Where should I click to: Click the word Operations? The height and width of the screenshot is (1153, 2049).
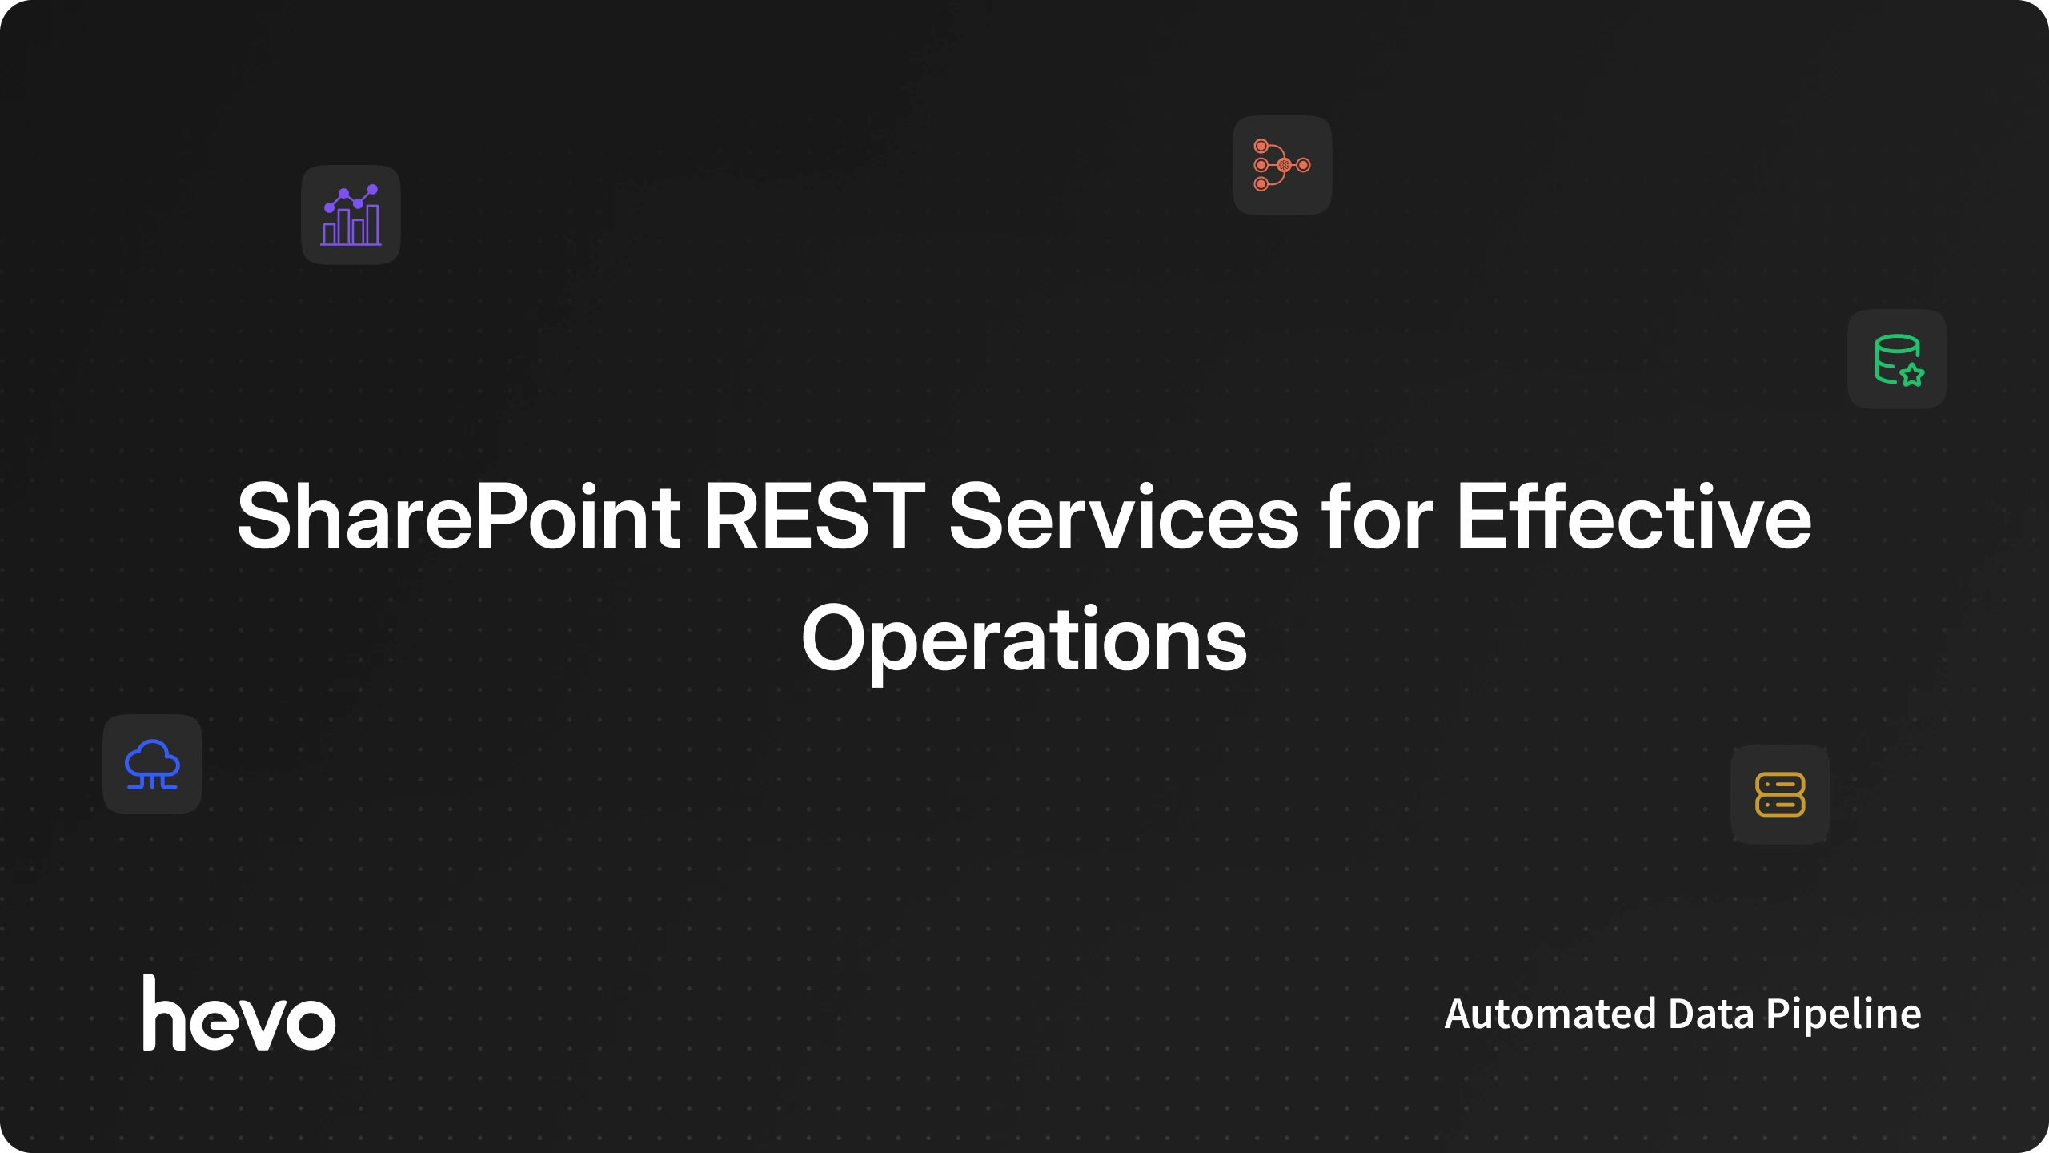[1024, 641]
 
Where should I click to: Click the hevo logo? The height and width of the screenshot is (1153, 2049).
[239, 1012]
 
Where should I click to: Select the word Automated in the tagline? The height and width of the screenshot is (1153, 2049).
[1550, 1014]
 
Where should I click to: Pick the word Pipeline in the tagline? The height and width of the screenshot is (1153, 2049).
[1843, 1015]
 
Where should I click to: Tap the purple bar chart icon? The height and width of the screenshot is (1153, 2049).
[351, 215]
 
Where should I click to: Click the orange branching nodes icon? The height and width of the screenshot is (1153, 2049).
[1282, 165]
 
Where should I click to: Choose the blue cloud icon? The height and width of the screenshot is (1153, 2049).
[152, 765]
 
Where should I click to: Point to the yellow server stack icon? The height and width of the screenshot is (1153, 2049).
[1780, 794]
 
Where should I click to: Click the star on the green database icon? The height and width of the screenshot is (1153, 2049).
[1912, 374]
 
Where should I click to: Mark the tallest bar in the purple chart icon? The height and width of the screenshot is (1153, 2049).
[372, 224]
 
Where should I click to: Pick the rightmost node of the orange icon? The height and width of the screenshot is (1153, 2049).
[1304, 165]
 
